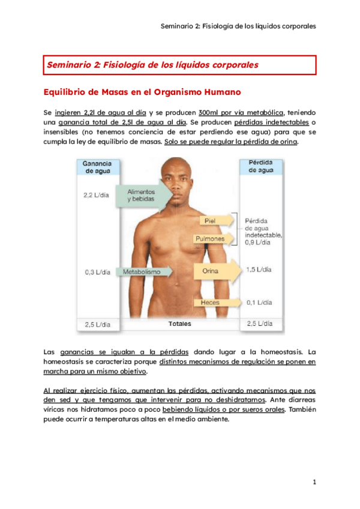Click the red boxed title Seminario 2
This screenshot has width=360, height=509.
click(153, 64)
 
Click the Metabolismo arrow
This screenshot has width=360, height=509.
click(144, 271)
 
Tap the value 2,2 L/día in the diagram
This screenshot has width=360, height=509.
click(97, 195)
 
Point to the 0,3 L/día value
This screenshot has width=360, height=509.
click(97, 272)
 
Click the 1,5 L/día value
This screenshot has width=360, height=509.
click(259, 270)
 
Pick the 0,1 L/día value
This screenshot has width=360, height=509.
click(259, 303)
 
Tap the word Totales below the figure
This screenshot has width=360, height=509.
click(179, 324)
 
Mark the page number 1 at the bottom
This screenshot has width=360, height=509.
click(314, 482)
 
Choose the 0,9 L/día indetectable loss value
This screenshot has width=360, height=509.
click(257, 242)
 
